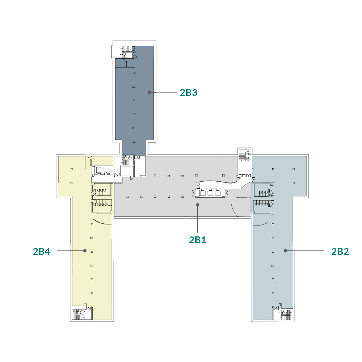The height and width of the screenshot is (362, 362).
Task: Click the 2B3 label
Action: pyautogui.click(x=188, y=93)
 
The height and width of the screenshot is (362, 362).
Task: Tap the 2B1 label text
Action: pyautogui.click(x=198, y=240)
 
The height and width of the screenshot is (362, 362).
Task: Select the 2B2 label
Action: pyautogui.click(x=340, y=251)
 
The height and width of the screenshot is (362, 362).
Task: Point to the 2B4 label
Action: pyautogui.click(x=41, y=252)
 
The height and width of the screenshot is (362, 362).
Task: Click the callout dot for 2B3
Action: pyautogui.click(x=149, y=92)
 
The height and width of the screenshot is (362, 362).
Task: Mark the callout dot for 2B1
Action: pyautogui.click(x=198, y=205)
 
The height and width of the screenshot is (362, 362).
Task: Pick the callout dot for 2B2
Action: pyautogui.click(x=286, y=251)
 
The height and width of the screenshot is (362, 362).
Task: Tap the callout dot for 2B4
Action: pyautogui.click(x=85, y=251)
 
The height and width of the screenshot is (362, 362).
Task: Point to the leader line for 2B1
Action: pyautogui.click(x=198, y=219)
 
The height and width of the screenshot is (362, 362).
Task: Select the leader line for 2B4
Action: pyautogui.click(x=71, y=251)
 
